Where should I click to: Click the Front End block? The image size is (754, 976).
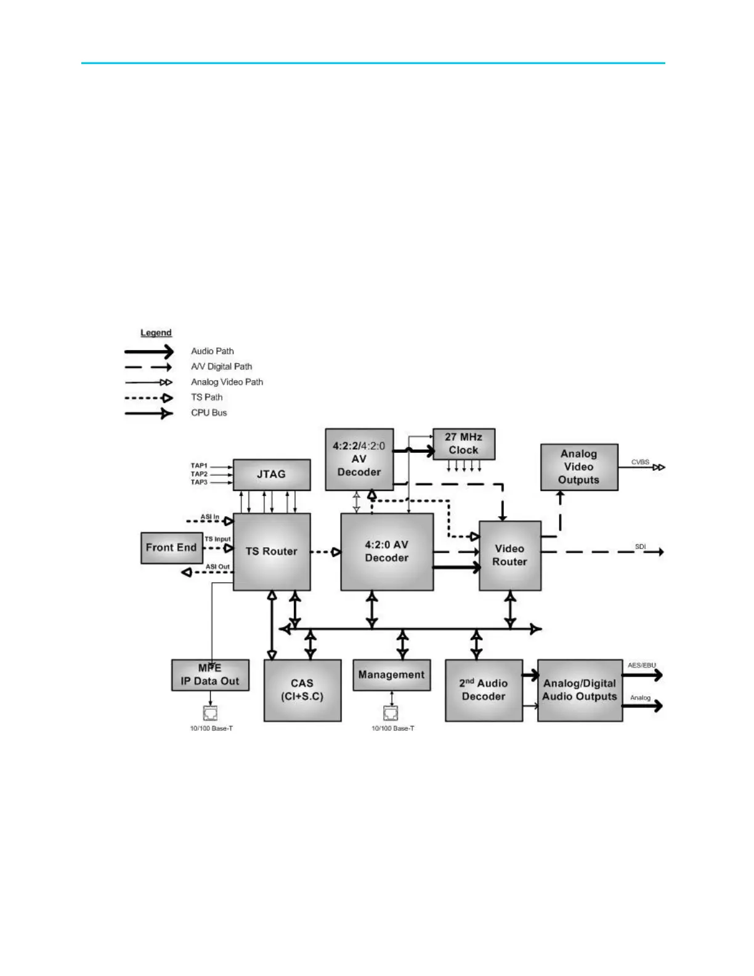point(171,548)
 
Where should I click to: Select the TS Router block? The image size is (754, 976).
point(271,551)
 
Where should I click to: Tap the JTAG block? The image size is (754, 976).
point(271,474)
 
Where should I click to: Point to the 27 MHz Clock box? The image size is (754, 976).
point(463,444)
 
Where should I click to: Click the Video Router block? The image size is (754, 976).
point(509,555)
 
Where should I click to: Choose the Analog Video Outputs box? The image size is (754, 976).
point(578,467)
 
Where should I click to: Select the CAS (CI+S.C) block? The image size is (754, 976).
point(302,690)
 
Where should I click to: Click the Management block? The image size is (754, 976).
point(391,675)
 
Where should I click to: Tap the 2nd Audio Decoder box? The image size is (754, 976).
point(484,690)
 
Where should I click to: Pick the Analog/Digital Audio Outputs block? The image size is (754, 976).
point(579,690)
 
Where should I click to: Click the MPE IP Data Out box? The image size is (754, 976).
point(210,675)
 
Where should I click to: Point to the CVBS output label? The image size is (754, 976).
point(640,462)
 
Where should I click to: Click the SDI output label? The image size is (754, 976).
point(641,547)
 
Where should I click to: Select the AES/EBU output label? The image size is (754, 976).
point(642,665)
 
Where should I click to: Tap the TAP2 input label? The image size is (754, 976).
point(199,474)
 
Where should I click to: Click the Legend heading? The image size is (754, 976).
point(156,333)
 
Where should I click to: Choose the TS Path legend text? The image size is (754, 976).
point(206,397)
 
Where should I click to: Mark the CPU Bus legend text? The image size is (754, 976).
point(209,413)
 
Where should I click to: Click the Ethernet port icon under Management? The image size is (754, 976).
point(391,714)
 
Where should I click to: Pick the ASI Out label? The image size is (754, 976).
point(217,567)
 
